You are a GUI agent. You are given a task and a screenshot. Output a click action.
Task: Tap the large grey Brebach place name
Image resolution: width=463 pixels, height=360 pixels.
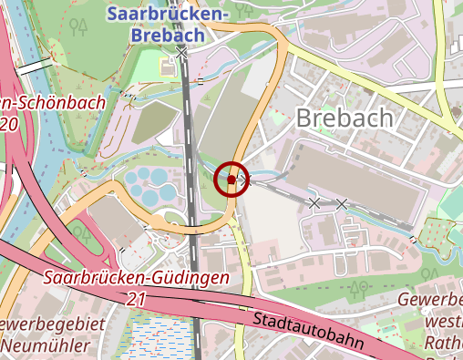pos(345,118)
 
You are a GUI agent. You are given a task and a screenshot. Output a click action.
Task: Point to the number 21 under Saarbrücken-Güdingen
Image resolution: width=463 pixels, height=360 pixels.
pos(137,298)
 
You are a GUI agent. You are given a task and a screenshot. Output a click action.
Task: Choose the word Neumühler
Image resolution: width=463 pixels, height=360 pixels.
pos(45,345)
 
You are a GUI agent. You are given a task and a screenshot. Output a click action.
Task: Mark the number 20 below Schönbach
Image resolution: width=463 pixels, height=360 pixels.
pos(10,123)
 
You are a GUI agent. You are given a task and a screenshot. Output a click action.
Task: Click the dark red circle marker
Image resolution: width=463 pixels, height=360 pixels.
pos(231,180)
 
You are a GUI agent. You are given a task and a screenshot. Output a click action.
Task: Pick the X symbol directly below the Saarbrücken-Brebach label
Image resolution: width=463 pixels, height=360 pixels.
pos(182,54)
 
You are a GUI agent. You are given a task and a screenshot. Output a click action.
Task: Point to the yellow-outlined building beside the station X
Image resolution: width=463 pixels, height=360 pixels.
pos(168,67)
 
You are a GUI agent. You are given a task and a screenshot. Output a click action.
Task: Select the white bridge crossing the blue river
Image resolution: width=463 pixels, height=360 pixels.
pos(32,67)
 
